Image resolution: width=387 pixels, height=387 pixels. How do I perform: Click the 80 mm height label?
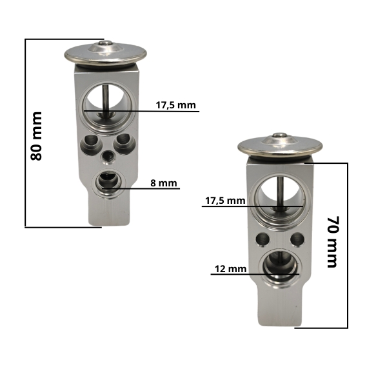[36, 136]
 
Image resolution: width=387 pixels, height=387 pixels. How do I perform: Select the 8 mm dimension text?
[164, 183]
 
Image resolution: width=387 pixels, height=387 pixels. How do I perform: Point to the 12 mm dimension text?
[230, 269]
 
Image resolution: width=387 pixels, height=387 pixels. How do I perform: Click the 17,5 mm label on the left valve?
[175, 105]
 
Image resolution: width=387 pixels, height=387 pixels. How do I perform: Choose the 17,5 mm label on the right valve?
[225, 201]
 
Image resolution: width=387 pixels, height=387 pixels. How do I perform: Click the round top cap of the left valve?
[106, 54]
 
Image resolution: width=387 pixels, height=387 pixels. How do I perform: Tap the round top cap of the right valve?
[280, 146]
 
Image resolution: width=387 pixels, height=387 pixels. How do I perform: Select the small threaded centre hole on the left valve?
[108, 158]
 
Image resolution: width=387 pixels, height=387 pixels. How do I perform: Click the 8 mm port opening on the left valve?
[108, 183]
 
